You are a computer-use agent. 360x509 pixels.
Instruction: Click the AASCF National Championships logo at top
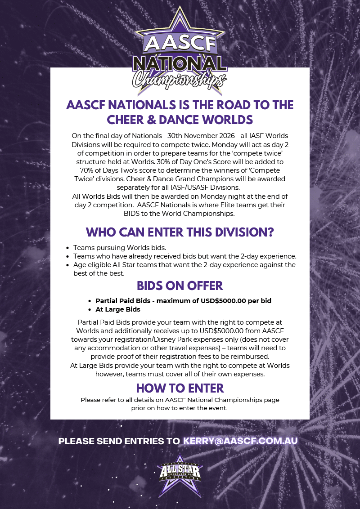[x=180, y=52]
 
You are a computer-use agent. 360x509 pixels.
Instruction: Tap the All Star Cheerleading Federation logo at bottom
[x=180, y=473]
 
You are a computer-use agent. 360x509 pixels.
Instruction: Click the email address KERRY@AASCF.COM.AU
[x=240, y=441]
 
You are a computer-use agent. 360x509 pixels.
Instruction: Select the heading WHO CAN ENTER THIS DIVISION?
[x=180, y=232]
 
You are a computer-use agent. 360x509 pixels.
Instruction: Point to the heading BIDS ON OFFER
[x=180, y=286]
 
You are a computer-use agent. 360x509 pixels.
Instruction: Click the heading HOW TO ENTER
[x=180, y=388]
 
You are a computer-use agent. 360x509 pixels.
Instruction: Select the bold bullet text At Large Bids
[x=118, y=309]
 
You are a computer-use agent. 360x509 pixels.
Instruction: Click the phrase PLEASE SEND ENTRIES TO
[x=119, y=441]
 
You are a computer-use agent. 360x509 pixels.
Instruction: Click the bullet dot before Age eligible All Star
[x=67, y=265]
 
